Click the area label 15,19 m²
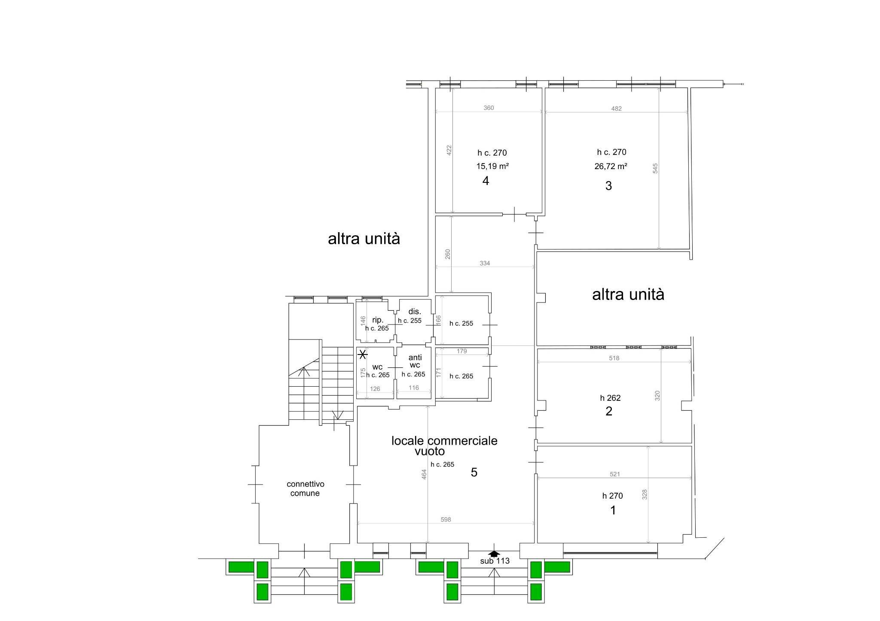point(492,166)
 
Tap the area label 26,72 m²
point(611,166)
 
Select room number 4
point(486,181)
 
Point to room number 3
point(608,186)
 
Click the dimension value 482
point(616,109)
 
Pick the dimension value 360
point(489,108)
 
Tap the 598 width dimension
point(446,520)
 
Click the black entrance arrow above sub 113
point(494,554)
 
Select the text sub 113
point(495,561)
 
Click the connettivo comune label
point(305,488)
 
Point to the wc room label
point(377,367)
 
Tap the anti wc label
point(415,361)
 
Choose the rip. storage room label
point(378,320)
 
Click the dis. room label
point(414,312)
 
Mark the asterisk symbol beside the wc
point(363,354)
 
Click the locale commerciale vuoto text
point(444,445)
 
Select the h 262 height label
point(610,398)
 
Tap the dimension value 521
point(614,474)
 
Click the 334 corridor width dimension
point(485,263)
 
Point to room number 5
point(474,473)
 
